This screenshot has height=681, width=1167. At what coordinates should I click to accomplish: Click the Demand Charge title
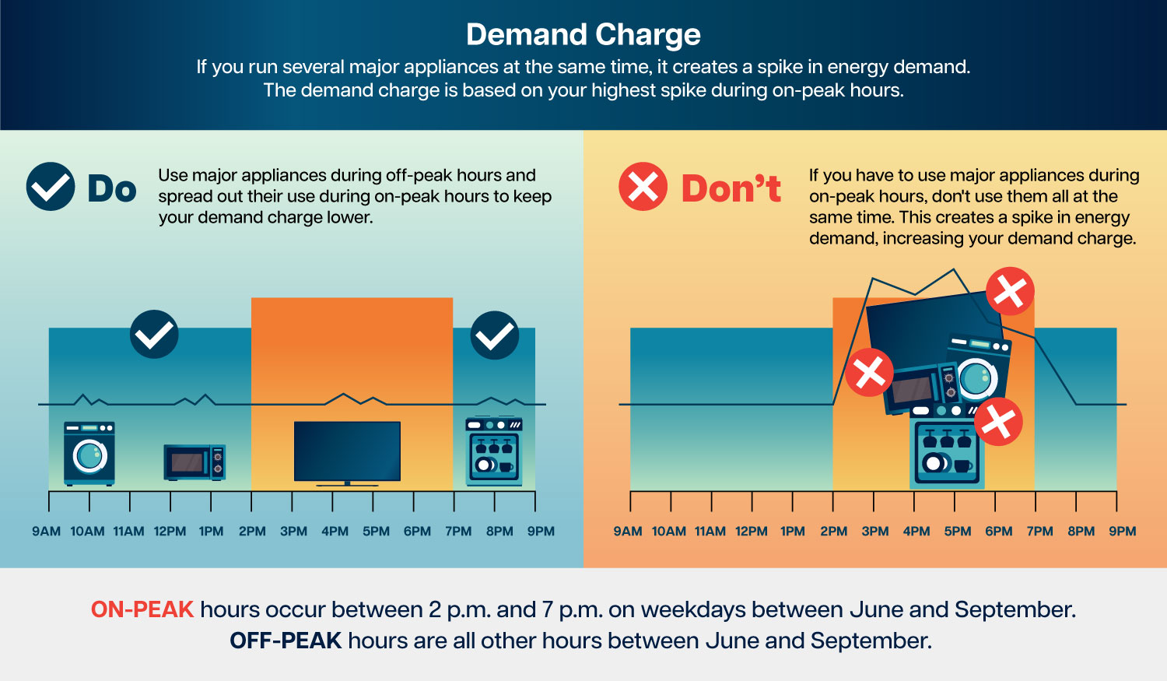[x=583, y=34]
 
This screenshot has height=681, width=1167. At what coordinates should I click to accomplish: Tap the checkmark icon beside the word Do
[x=51, y=187]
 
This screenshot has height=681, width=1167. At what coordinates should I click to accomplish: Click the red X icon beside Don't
[x=643, y=187]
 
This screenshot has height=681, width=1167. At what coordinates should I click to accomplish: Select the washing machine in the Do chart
[x=89, y=453]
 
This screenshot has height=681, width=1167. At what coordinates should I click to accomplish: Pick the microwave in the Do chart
[x=194, y=462]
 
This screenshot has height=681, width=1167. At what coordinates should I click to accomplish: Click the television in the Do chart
[x=347, y=453]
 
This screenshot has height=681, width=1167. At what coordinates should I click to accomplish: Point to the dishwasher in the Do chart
[x=494, y=451]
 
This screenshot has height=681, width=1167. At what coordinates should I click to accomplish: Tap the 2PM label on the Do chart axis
[x=252, y=532]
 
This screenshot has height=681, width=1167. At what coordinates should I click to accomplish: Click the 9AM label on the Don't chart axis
[x=627, y=532]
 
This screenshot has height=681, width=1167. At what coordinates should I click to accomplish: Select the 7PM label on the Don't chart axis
[x=1040, y=532]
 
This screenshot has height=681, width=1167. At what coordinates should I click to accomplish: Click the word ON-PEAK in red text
[x=142, y=609]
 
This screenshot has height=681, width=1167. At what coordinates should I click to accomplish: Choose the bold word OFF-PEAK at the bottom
[x=286, y=641]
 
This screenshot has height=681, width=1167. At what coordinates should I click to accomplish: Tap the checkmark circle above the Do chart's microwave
[x=154, y=334]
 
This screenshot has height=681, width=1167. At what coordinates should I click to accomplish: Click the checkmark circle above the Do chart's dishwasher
[x=494, y=335]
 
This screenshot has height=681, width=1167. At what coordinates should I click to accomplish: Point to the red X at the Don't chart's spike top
[x=1010, y=291]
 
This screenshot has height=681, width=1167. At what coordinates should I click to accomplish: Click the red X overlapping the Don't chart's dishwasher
[x=998, y=422]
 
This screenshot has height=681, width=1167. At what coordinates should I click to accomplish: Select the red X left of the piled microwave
[x=869, y=373]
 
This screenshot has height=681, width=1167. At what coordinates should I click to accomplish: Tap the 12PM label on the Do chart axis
[x=170, y=532]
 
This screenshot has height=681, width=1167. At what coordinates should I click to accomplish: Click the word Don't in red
[x=731, y=188]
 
